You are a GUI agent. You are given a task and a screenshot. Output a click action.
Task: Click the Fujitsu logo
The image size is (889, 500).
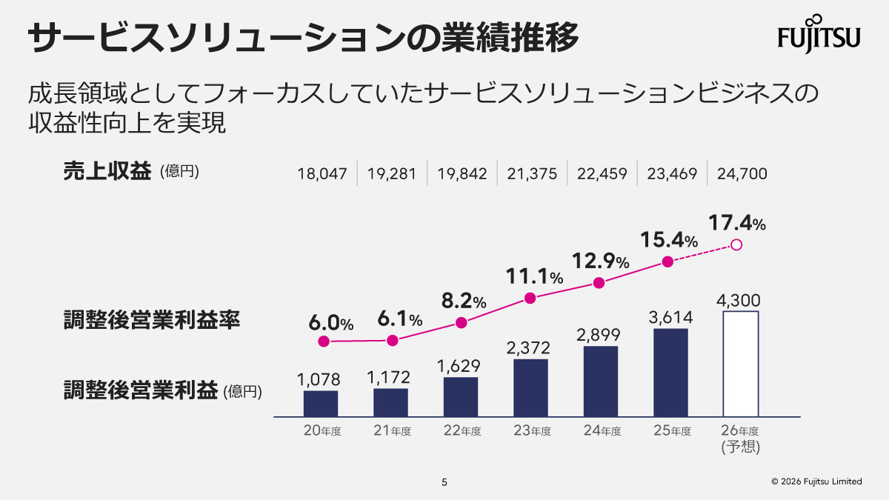pos(819,34)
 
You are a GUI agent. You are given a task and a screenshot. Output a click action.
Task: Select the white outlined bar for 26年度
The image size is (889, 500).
pos(740,364)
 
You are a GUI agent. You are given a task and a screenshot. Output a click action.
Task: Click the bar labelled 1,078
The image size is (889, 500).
pos(321,403)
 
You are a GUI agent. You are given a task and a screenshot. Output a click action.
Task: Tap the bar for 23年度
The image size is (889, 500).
pos(530,387)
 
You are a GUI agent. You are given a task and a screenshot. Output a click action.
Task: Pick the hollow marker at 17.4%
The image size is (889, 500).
pos(736,244)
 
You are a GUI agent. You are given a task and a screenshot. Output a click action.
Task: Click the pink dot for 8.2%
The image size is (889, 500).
pos(462,322)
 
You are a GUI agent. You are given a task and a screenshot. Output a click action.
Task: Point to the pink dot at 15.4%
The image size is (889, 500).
pos(667,261)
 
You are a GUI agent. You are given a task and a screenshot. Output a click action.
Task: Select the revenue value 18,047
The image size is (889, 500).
pos(322,174)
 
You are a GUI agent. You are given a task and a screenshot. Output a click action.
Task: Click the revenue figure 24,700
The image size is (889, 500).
pos(742,174)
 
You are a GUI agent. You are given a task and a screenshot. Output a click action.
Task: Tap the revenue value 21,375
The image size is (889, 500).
pos(532,174)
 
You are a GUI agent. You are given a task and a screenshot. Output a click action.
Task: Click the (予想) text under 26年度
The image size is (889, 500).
pos(740,447)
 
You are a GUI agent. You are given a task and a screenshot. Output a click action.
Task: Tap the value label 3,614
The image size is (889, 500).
pos(670,318)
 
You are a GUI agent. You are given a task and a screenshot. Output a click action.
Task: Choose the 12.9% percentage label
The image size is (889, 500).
pos(600,261)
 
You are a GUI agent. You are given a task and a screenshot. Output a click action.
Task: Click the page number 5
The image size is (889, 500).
pos(444,482)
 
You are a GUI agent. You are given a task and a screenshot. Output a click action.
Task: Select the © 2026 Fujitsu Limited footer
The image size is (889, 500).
pos(816,481)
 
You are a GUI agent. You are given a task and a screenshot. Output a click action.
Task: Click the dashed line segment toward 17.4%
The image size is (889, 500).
pos(701,253)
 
